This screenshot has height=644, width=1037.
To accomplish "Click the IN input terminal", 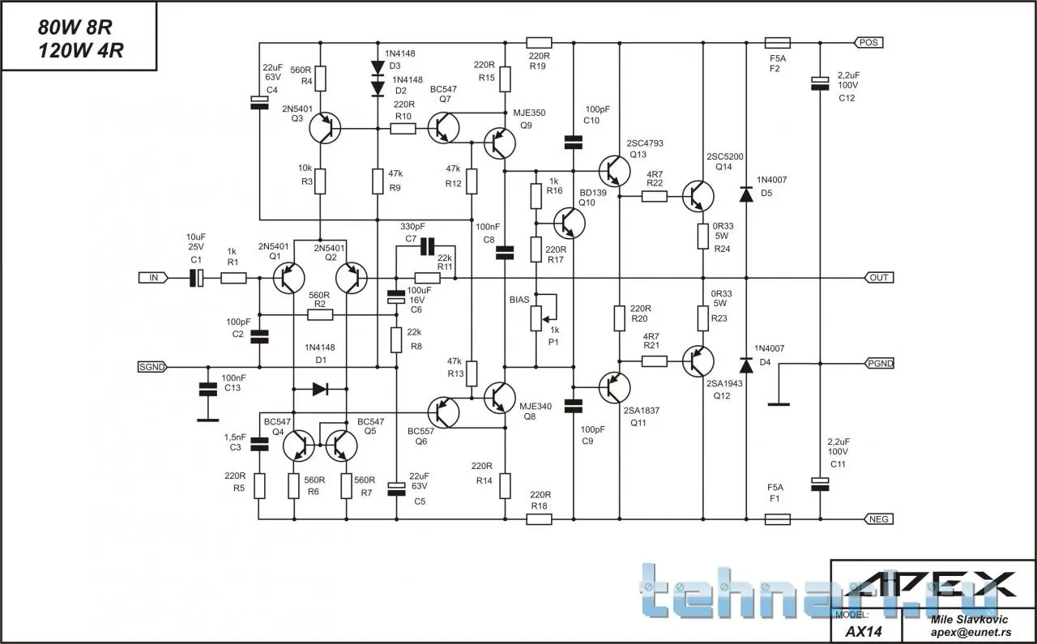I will tap(152, 278).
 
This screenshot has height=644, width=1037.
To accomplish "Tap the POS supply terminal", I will tap(868, 42).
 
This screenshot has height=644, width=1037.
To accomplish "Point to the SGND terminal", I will tap(151, 367).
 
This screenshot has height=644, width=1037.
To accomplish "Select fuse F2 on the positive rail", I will tap(778, 42).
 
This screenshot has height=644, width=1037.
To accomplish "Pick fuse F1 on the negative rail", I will tap(778, 518).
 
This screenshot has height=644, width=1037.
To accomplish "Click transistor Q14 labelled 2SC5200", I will tap(698, 195).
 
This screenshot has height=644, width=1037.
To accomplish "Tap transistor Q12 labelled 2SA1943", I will tap(698, 360).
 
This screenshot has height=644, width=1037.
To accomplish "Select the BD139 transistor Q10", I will tap(570, 220).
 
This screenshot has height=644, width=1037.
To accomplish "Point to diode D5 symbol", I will tap(745, 194).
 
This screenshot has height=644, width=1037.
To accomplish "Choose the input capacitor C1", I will tap(196, 278).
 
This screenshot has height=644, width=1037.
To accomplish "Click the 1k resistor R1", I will tap(233, 278).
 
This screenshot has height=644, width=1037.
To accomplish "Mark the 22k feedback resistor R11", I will tap(427, 278).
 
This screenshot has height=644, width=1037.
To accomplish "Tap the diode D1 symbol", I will tap(320, 389).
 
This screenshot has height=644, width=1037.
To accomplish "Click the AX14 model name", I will tap(863, 630).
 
